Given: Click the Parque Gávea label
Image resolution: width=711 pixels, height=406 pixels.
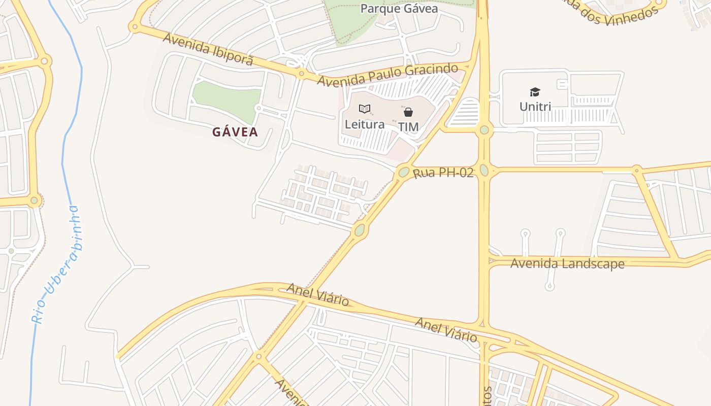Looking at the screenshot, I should click(x=399, y=9).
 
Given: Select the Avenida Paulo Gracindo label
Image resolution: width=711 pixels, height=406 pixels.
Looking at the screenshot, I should click(x=387, y=75).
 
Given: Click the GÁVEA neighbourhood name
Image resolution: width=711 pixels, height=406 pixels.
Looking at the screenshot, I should click(x=235, y=132).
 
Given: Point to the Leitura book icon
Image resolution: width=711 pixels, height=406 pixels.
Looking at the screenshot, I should click(x=365, y=109).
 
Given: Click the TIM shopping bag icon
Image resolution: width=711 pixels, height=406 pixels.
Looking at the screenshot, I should click(x=408, y=112).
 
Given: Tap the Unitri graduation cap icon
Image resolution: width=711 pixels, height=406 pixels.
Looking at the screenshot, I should click(x=535, y=92).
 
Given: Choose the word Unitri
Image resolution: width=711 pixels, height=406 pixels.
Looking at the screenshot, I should click(x=535, y=107).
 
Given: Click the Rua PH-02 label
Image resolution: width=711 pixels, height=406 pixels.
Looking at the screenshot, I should click(x=443, y=173).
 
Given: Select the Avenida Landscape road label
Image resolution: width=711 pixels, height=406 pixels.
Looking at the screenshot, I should click(x=567, y=263).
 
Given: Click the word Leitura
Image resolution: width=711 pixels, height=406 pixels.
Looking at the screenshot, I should click(x=365, y=124).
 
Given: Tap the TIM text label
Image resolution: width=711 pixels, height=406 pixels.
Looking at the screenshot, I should click(x=408, y=127).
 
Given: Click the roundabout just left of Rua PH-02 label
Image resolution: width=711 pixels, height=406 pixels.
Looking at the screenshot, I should click(x=404, y=172).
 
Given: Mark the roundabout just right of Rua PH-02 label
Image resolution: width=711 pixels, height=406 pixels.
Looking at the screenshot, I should click(x=484, y=170).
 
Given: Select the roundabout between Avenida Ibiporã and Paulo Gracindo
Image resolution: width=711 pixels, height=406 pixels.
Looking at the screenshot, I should click(x=302, y=75).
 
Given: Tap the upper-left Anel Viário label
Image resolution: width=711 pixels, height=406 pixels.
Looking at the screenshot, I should click(x=318, y=295).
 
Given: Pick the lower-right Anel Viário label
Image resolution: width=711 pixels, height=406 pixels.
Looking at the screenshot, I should click(x=446, y=329).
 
